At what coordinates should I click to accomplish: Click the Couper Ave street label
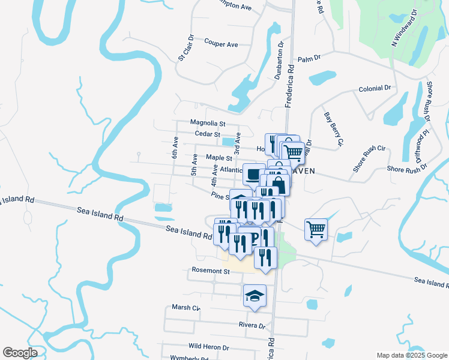click(x=221, y=44)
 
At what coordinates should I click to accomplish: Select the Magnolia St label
click(x=208, y=123)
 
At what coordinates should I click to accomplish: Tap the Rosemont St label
click(x=211, y=271)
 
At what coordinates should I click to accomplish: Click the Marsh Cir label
click(x=185, y=307)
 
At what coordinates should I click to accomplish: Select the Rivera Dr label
click(x=252, y=326)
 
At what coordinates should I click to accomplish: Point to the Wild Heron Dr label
click(x=209, y=347)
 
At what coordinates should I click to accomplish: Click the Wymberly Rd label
click(x=190, y=358)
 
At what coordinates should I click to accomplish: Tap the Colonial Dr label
click(x=375, y=88)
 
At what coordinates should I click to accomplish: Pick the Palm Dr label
click(x=310, y=59)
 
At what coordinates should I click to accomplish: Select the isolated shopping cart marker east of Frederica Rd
click(x=316, y=229)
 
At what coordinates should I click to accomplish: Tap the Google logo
click(x=20, y=353)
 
